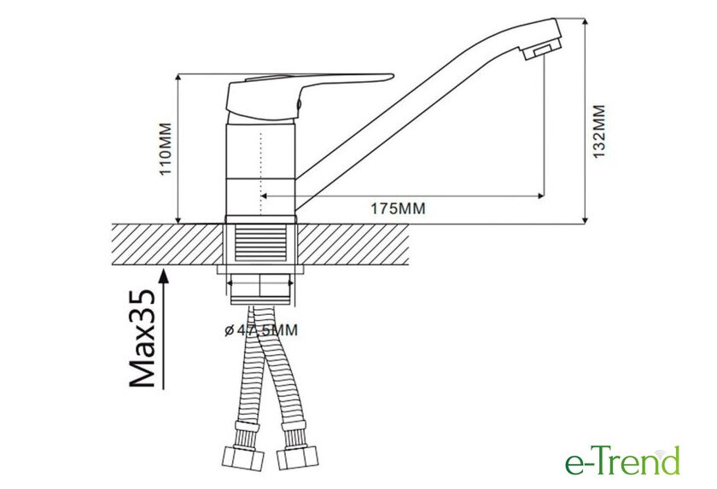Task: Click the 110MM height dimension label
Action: coord(165,148)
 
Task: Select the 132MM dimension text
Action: coord(598,132)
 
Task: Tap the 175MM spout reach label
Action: coord(398,208)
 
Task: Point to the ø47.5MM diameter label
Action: coord(261,330)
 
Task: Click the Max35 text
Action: coord(143,338)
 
